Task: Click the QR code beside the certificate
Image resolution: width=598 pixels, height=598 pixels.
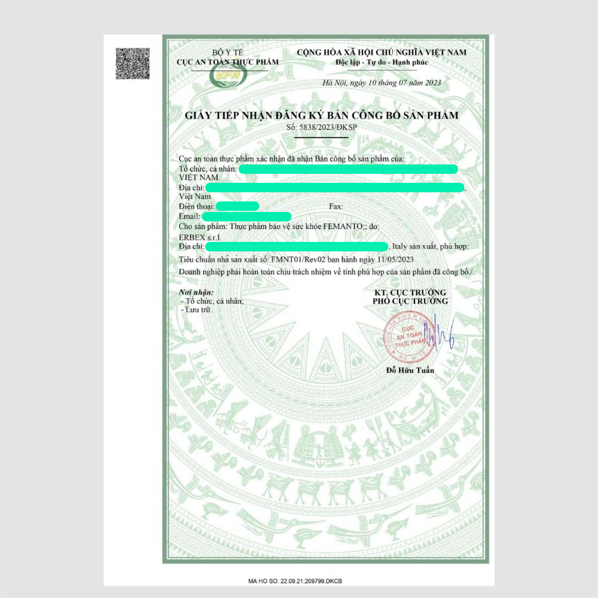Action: (133, 64)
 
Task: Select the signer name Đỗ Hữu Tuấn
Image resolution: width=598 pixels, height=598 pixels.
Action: (410, 370)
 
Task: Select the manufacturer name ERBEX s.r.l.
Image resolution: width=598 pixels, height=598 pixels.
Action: (200, 237)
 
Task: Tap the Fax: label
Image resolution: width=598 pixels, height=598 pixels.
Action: (336, 206)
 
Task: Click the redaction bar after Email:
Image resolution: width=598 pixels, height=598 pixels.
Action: (246, 216)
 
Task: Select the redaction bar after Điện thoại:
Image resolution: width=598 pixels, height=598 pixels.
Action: (237, 206)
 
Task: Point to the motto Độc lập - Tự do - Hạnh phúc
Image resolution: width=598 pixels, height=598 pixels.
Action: (382, 62)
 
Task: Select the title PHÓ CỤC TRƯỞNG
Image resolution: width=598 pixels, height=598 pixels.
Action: (410, 301)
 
